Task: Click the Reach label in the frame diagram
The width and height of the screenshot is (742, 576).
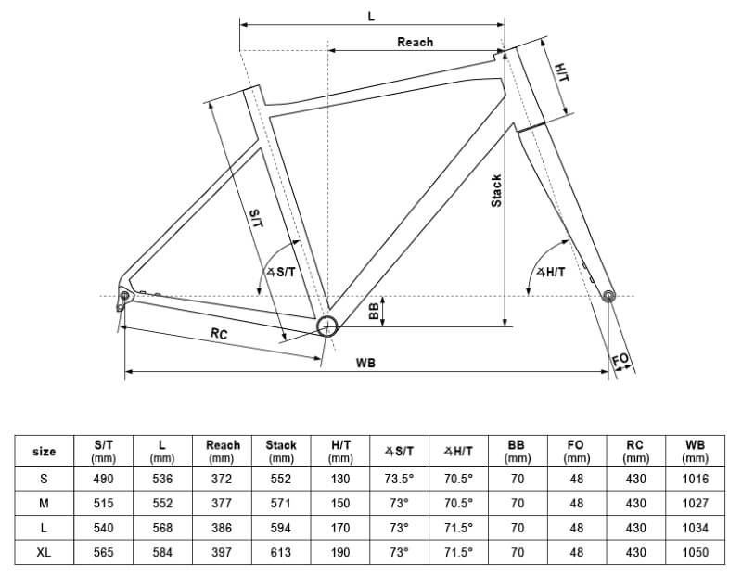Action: (415, 42)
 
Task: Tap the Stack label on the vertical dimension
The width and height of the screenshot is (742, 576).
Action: (496, 191)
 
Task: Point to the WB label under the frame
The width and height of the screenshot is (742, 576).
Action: (365, 363)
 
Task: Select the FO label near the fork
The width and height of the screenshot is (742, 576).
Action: (620, 359)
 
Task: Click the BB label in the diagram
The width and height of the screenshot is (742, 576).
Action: (375, 312)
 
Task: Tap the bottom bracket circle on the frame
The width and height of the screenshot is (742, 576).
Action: (326, 325)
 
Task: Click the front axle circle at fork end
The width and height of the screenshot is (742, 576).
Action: (608, 296)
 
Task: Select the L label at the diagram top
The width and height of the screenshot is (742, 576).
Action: (371, 16)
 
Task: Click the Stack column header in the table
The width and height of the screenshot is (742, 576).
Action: (281, 451)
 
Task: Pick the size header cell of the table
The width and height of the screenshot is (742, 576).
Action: (44, 452)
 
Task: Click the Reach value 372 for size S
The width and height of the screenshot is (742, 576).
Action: (222, 480)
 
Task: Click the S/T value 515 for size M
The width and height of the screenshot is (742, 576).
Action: (104, 504)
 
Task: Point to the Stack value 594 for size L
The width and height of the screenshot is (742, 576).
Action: (281, 528)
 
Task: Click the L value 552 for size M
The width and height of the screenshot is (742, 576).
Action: (162, 504)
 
